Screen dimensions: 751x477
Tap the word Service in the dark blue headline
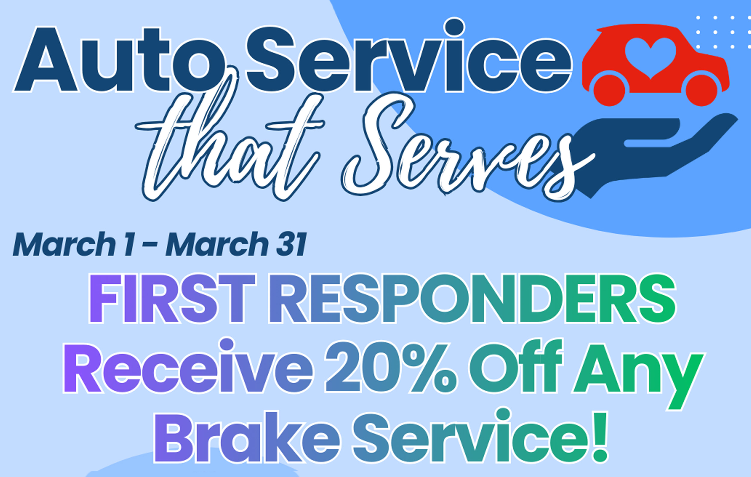tap(409, 56)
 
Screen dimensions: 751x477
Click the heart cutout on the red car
tap(651, 58)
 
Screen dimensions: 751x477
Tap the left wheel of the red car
tap(609, 90)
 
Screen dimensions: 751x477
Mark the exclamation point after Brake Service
tap(599, 436)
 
